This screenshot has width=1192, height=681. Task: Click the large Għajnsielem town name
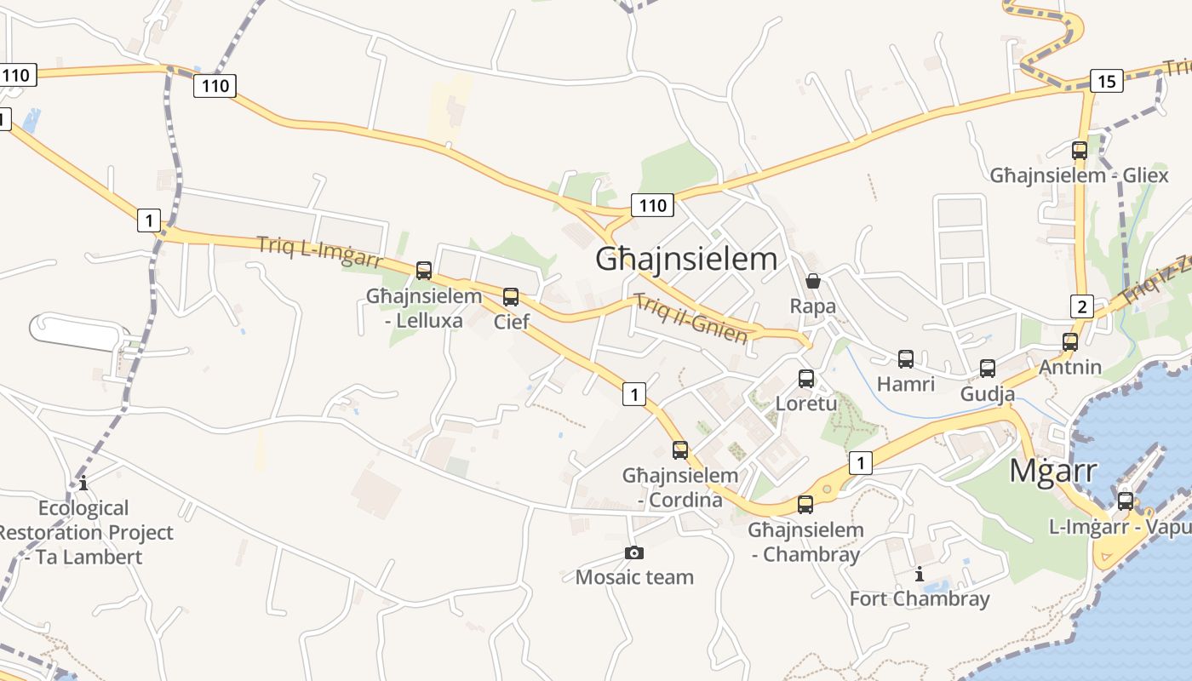pyautogui.click(x=686, y=259)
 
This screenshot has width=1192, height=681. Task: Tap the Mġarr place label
pyautogui.click(x=1052, y=471)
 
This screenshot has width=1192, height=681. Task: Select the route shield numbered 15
pyautogui.click(x=1106, y=82)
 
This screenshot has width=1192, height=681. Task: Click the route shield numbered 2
pyautogui.click(x=1081, y=306)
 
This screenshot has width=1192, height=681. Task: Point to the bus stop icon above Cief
pyautogui.click(x=511, y=297)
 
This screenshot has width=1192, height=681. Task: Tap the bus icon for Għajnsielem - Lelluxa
pyautogui.click(x=424, y=271)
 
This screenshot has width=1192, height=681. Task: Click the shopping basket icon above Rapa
pyautogui.click(x=813, y=281)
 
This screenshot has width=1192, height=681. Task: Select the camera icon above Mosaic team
pyautogui.click(x=634, y=553)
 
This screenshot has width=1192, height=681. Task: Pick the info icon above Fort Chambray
pyautogui.click(x=920, y=575)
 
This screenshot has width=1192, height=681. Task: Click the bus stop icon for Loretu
pyautogui.click(x=806, y=379)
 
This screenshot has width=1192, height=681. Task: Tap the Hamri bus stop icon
pyautogui.click(x=906, y=359)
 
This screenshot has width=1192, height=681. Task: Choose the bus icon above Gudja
pyautogui.click(x=988, y=369)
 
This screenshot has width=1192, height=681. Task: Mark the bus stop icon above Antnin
pyautogui.click(x=1070, y=342)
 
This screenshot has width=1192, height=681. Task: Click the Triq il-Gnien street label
pyautogui.click(x=691, y=319)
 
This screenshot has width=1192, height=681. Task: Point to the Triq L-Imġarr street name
pyautogui.click(x=319, y=253)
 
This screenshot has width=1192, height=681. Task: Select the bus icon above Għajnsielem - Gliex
pyautogui.click(x=1080, y=151)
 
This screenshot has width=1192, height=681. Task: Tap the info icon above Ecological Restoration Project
pyautogui.click(x=83, y=484)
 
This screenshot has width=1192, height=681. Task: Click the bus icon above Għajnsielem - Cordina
pyautogui.click(x=680, y=450)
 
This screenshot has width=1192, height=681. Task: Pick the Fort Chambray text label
pyautogui.click(x=920, y=599)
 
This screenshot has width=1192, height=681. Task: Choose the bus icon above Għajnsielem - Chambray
pyautogui.click(x=805, y=505)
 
